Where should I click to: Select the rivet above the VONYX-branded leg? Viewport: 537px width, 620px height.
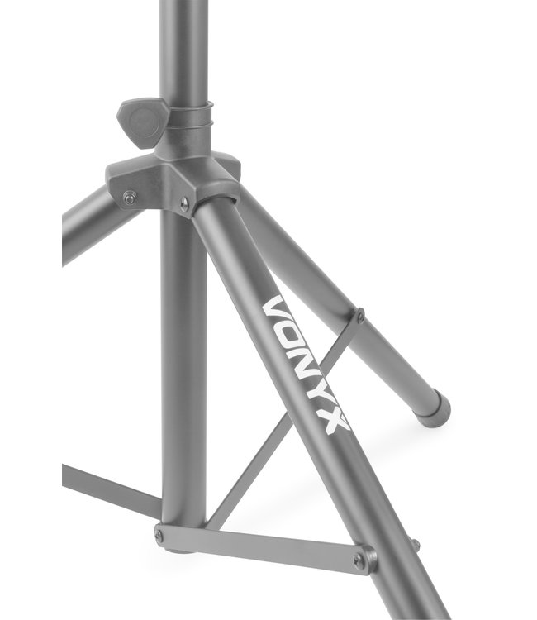pos(185,203)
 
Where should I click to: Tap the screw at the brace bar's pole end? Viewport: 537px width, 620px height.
pos(159,535)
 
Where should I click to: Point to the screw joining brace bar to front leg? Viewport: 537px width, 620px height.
pos(359,560)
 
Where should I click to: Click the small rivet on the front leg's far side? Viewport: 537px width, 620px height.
pos(416,543)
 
